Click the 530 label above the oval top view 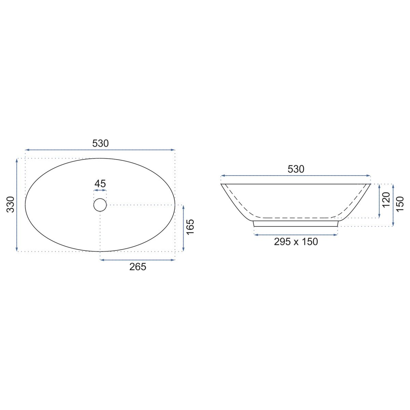[x=100, y=143]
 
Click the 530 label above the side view [x=296, y=169]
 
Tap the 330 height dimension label [x=11, y=204]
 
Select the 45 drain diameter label [x=100, y=183]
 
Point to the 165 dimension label [x=190, y=227]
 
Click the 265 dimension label [x=138, y=267]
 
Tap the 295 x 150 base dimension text [x=296, y=242]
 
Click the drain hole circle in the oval [x=100, y=199]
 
